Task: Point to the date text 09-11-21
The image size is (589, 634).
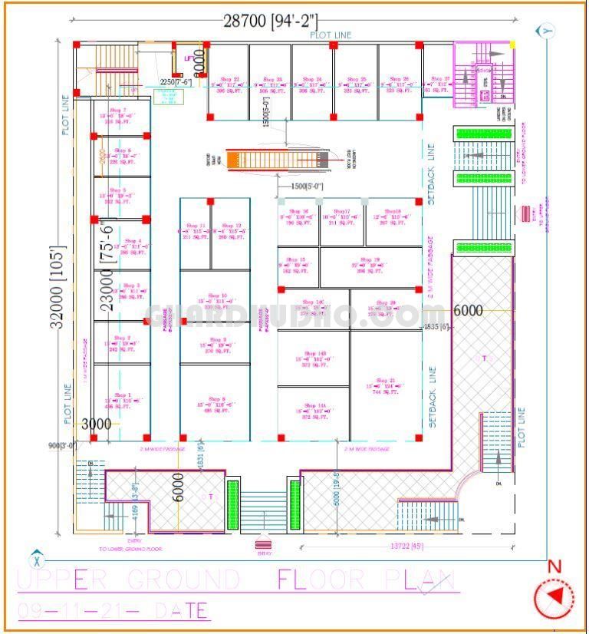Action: [x=112, y=611]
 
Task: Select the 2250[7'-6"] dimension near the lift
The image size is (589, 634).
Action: [x=175, y=81]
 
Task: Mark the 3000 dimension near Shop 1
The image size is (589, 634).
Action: [x=97, y=424]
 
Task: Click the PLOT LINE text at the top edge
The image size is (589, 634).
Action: [x=331, y=35]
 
